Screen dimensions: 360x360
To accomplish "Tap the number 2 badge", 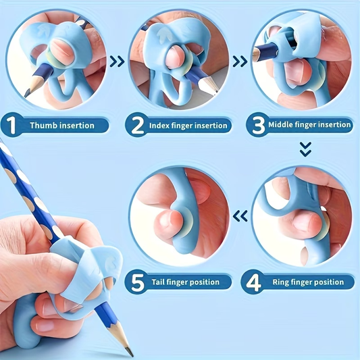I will pyautogui.click(x=138, y=125).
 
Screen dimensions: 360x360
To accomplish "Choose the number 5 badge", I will pyautogui.click(x=138, y=282).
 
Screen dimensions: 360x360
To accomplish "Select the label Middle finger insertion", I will pyautogui.click(x=310, y=125).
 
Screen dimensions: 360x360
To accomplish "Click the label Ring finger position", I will pyautogui.click(x=308, y=282).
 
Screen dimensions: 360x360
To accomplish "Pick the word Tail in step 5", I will pyautogui.click(x=161, y=282).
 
